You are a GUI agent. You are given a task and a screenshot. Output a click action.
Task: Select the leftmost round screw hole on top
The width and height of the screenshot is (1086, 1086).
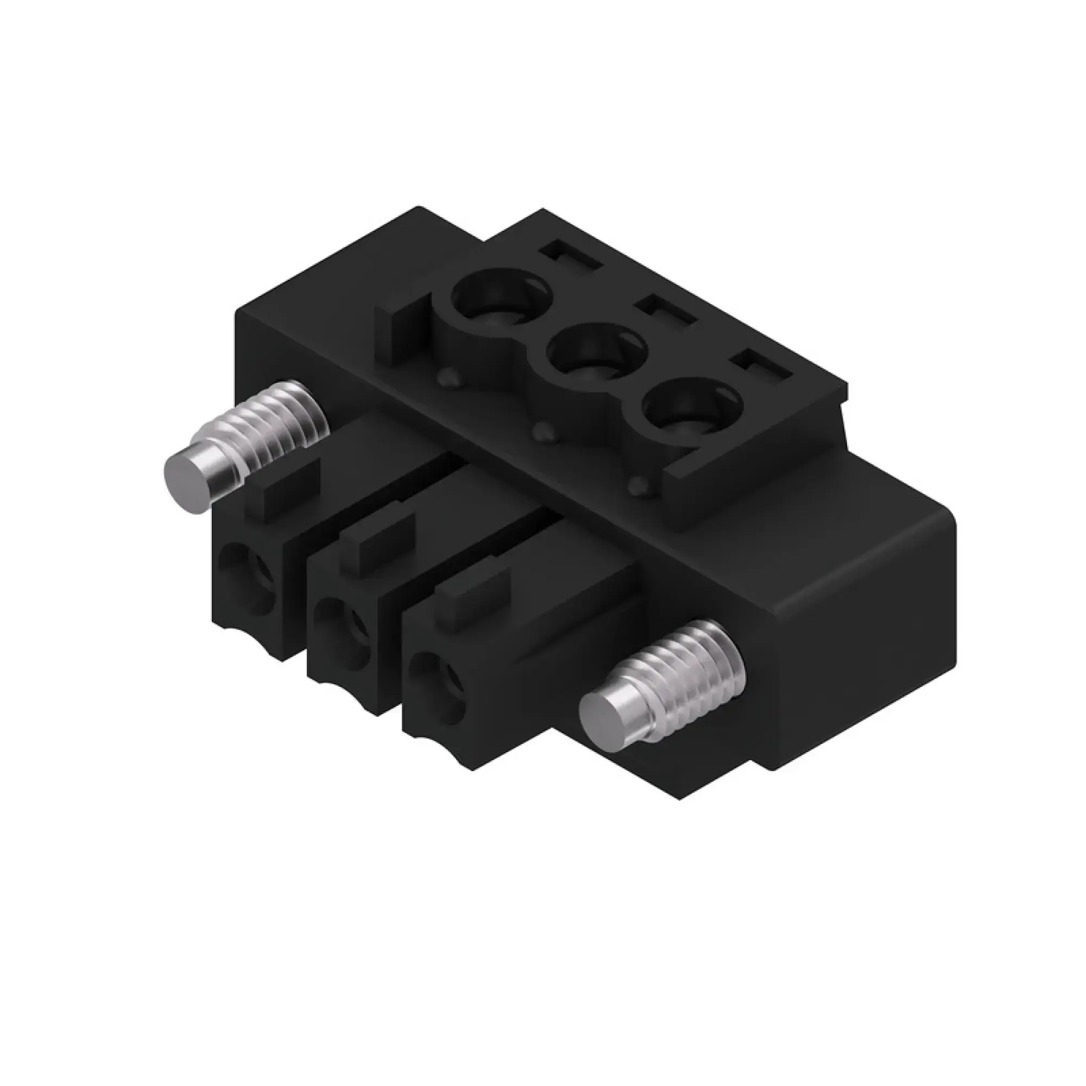coord(495,297)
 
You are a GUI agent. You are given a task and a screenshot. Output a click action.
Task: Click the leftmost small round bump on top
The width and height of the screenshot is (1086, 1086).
coord(447,377)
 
